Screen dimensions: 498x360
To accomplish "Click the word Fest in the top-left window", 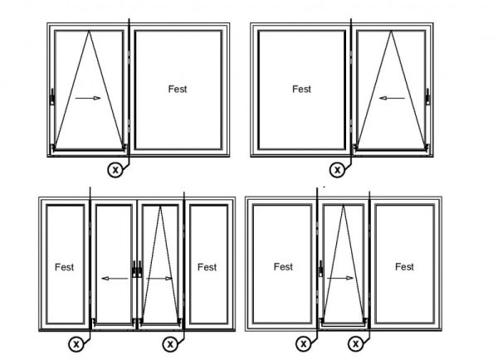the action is point(178,89).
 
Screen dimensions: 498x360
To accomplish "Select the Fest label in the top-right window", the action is point(302,89).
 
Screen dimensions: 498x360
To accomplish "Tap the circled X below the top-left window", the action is point(115,170).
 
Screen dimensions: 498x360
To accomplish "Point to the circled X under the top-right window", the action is point(337,170).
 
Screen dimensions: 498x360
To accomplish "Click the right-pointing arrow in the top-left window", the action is point(88,98).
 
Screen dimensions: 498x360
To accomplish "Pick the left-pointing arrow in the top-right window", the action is point(393,98).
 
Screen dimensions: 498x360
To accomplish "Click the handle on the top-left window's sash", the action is point(52,97).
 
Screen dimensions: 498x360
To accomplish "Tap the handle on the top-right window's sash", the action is point(427,97).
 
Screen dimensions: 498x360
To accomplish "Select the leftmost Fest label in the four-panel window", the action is point(65,267).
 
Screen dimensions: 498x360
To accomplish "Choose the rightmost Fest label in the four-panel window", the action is point(207,267).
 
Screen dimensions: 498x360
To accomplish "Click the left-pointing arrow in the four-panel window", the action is point(115,279).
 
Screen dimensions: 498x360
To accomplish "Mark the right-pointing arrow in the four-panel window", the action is point(159,279).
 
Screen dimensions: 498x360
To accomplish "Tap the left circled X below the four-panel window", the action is point(76,343).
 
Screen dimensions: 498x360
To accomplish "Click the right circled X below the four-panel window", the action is point(170,343).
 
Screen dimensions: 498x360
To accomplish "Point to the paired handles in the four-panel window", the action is point(137,270).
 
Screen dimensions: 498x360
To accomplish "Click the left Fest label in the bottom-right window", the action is point(283,266).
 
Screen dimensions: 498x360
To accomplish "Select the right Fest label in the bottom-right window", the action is point(405,266).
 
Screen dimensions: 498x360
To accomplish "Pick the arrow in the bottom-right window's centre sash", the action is point(340,278).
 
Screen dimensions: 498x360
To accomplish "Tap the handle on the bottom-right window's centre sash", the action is point(321,269).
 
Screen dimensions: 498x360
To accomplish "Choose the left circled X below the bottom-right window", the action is point(303,343).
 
